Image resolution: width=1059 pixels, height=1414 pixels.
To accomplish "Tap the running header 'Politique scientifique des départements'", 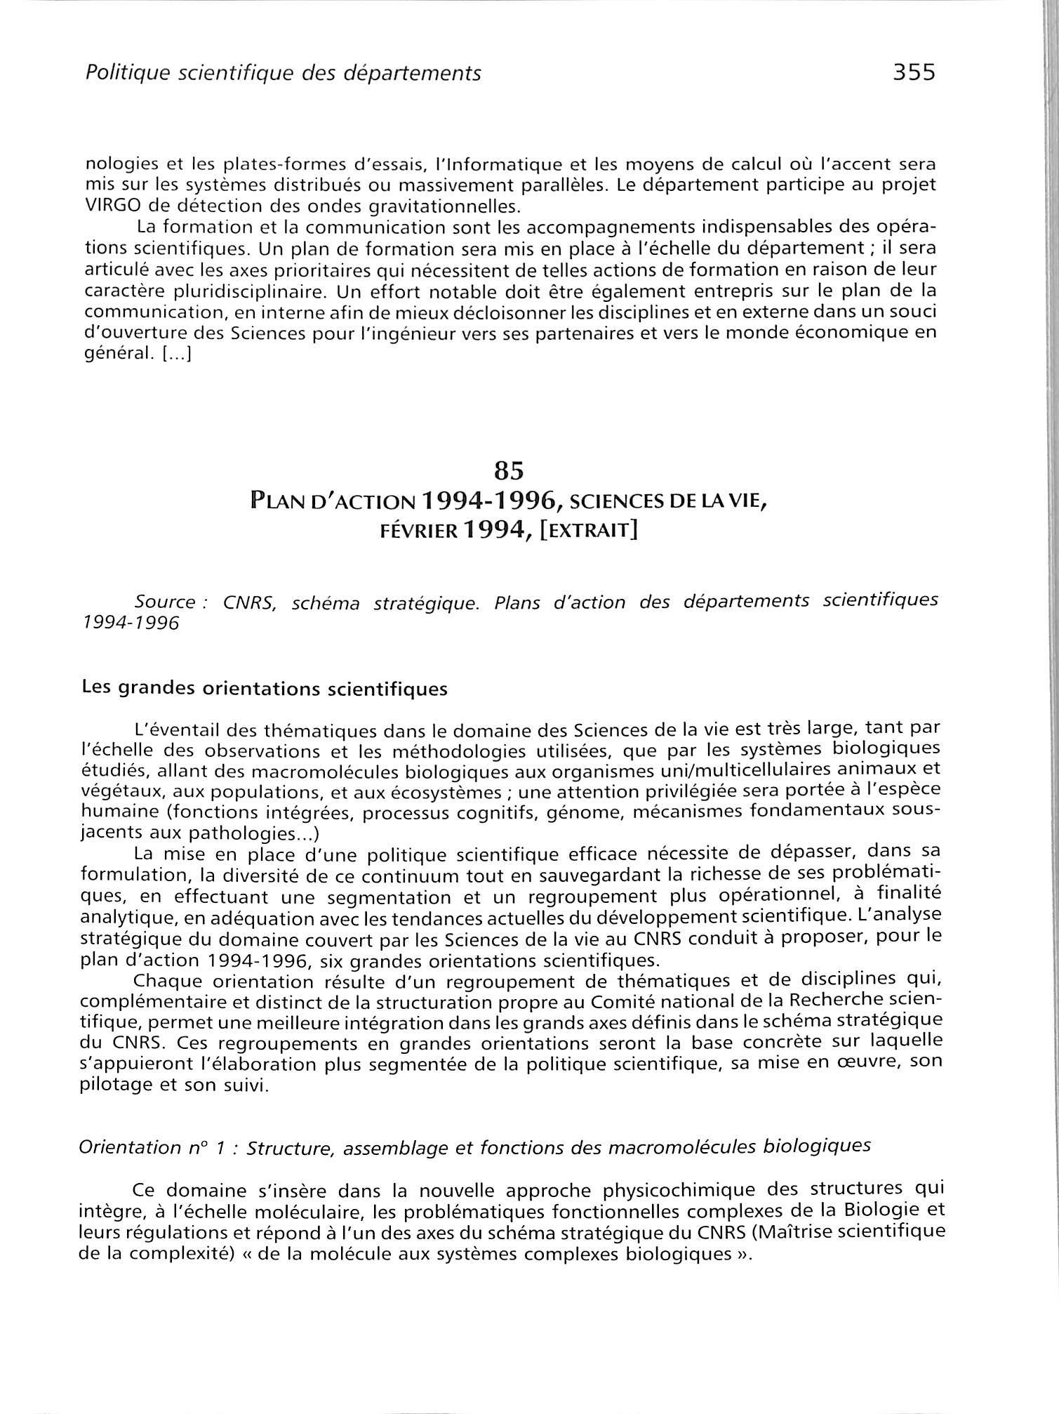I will point(283,73).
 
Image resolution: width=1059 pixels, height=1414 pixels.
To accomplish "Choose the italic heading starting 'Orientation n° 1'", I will point(474,1147).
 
